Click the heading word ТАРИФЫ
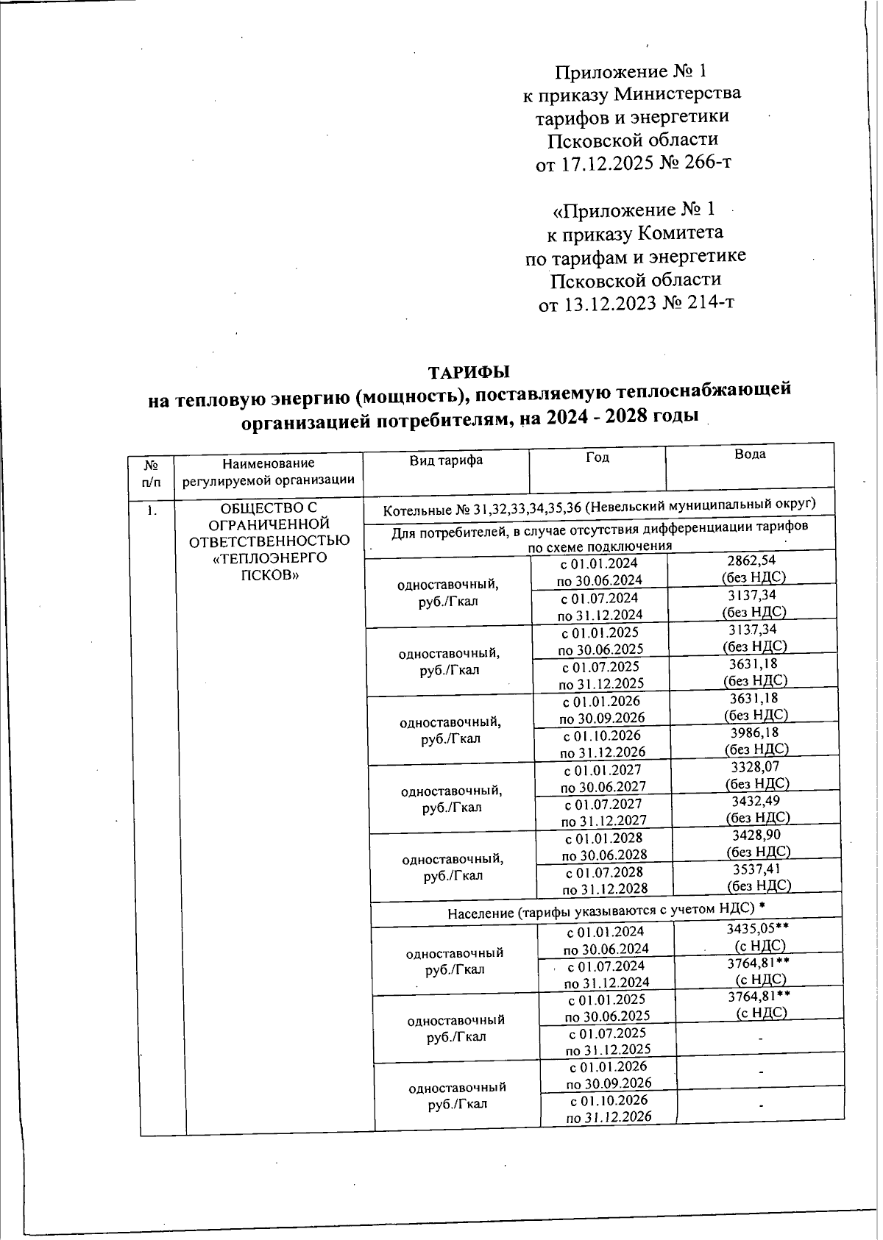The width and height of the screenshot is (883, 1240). pyautogui.click(x=469, y=371)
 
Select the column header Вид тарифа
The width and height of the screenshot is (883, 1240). pyautogui.click(x=446, y=460)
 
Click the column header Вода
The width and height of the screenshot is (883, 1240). pyautogui.click(x=750, y=455)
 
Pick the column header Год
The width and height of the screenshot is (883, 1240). pyautogui.click(x=597, y=457)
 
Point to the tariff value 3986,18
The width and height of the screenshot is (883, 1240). pyautogui.click(x=754, y=733)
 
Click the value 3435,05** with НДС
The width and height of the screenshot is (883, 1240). pyautogui.click(x=758, y=930)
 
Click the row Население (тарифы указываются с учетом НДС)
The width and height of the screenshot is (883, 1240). pyautogui.click(x=602, y=912)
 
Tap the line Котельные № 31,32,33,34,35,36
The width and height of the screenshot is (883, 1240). pyautogui.click(x=600, y=505)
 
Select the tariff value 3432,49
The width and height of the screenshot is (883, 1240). pyautogui.click(x=756, y=801)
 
